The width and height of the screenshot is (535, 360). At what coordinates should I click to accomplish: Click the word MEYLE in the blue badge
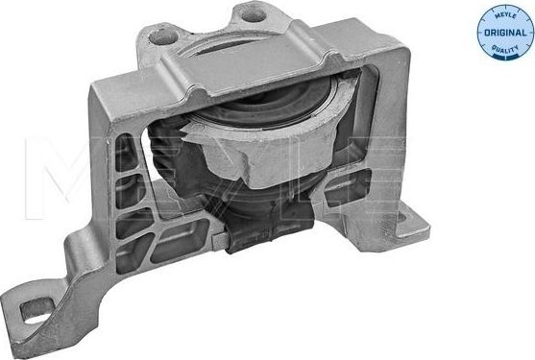(504, 15)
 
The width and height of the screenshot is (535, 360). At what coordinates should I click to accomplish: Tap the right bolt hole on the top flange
(251, 13)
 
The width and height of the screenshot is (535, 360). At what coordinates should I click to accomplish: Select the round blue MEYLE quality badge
(505, 30)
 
